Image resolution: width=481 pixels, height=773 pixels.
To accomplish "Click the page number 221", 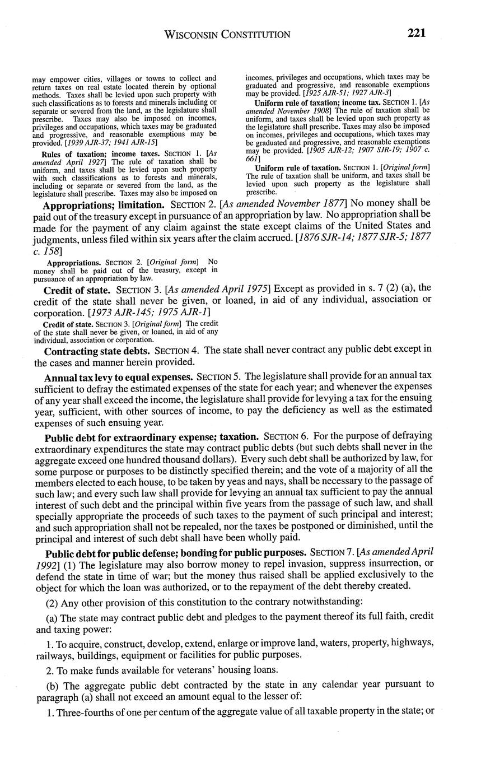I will click(417, 33).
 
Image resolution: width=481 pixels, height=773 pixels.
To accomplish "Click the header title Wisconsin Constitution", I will click(227, 35).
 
